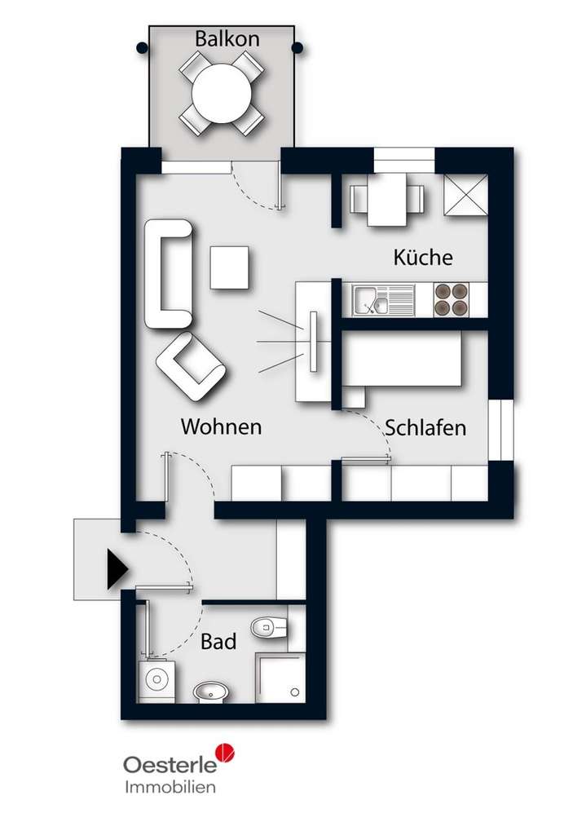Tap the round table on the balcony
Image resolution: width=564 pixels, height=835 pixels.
point(222,93)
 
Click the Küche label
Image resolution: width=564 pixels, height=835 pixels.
point(422,258)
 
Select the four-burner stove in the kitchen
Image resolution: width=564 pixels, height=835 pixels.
point(452,299)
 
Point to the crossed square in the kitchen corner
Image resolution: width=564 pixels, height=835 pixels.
point(465,197)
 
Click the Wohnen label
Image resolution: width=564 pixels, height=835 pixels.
point(221,426)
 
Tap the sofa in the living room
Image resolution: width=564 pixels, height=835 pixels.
point(169,274)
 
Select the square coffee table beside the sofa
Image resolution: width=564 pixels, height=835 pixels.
point(229,267)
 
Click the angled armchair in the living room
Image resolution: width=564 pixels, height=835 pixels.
point(192,367)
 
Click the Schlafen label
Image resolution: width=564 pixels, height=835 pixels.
point(425,427)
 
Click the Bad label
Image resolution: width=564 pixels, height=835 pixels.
point(218,642)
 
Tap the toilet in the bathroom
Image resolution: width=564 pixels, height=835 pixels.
point(269,627)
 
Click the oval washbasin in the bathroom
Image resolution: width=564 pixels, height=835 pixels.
point(213,692)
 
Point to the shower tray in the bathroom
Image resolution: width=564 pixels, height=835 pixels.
point(280,677)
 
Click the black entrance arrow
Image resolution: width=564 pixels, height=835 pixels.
point(117,568)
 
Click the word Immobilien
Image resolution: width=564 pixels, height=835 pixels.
point(170,787)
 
